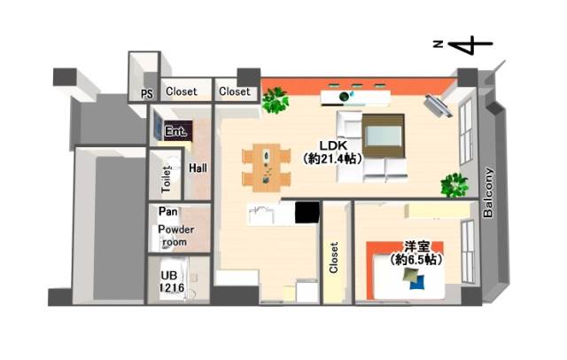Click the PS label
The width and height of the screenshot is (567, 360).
click(147, 94)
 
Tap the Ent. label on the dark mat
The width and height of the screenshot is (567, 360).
click(175, 131)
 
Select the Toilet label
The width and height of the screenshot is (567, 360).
click(166, 179)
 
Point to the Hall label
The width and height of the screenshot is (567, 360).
click(198, 168)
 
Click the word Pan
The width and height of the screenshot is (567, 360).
click(168, 211)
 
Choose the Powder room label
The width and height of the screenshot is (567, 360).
click(175, 236)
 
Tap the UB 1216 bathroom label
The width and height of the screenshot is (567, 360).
click(172, 281)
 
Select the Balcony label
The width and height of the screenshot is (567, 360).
click(488, 192)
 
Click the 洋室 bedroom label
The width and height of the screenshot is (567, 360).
click(417, 247)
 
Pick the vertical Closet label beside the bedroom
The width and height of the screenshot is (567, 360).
click(334, 258)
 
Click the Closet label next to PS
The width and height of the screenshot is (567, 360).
click(182, 91)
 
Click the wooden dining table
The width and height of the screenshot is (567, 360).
click(267, 168)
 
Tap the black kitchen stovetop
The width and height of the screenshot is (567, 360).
click(307, 213)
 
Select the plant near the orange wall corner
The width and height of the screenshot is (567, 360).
click(276, 100)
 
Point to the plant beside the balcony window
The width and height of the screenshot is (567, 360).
click(454, 185)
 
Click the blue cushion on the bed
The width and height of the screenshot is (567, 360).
click(417, 283)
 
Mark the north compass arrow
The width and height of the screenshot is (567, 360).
click(470, 44)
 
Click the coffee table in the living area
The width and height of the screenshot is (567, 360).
click(384, 136)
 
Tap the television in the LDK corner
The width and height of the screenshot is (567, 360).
click(438, 106)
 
